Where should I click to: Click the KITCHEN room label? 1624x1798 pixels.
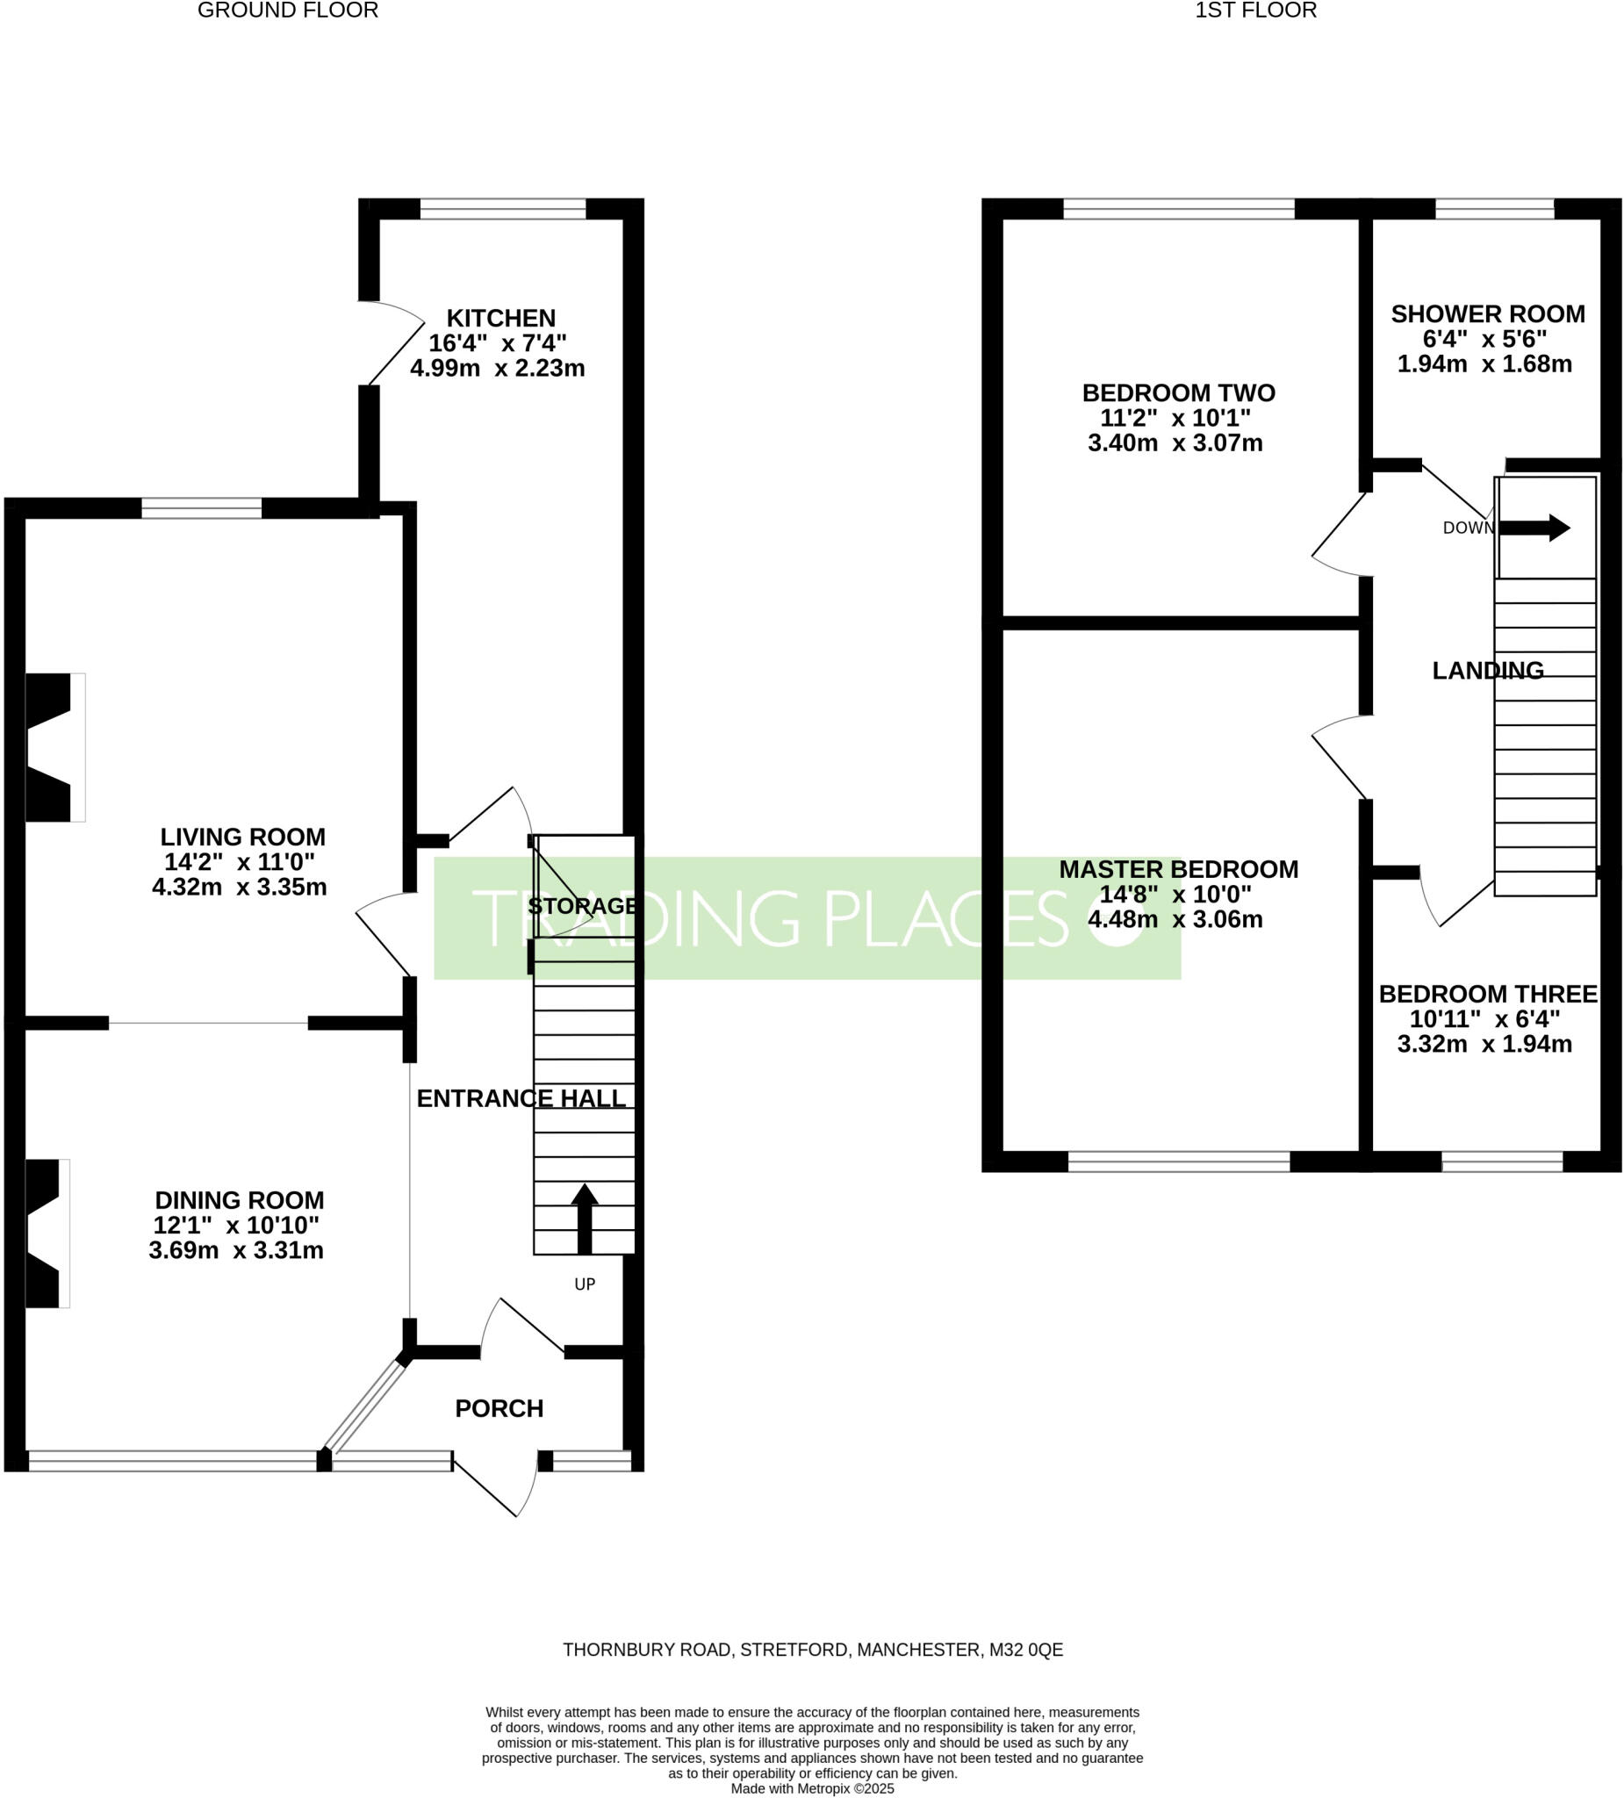tap(500, 319)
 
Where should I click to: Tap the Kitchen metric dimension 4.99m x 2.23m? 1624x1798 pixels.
tap(497, 369)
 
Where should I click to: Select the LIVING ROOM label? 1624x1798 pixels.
tap(242, 837)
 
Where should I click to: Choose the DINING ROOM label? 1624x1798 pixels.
tap(239, 1199)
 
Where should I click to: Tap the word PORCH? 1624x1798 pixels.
tap(499, 1408)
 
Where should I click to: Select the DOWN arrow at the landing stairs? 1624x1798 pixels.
tap(1534, 528)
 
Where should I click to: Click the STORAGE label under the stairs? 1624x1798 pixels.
tap(582, 906)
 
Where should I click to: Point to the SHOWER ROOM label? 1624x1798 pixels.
tap(1488, 314)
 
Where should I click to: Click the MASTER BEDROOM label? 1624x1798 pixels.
tap(1178, 868)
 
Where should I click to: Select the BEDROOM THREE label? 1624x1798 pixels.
tap(1488, 994)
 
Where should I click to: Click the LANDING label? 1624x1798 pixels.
tap(1488, 671)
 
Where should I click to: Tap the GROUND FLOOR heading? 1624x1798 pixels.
tap(287, 11)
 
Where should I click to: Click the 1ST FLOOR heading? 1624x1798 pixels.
tap(1254, 11)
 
